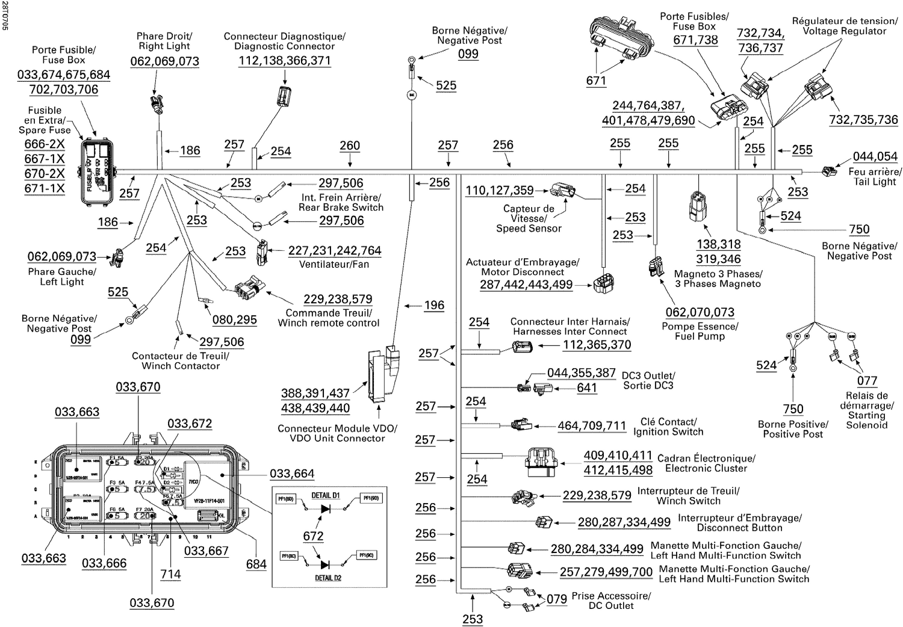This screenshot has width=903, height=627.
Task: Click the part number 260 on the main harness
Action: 350,146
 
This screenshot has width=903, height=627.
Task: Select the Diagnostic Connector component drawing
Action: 284,96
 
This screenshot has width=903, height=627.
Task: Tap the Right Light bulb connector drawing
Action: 158,104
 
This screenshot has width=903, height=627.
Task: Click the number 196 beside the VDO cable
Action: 434,305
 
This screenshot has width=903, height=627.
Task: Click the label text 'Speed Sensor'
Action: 529,229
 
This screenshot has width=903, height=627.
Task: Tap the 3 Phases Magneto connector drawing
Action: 698,206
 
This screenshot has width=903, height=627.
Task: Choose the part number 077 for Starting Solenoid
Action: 867,380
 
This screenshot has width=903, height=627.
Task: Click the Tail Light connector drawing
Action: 829,171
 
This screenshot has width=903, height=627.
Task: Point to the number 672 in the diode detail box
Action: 314,536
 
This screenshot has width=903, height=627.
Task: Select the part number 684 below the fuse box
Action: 256,564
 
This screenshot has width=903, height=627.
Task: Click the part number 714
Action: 170,574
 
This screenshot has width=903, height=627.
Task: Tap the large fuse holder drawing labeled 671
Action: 621,40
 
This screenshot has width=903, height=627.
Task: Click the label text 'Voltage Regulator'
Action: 844,31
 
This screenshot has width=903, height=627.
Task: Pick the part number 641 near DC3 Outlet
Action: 586,388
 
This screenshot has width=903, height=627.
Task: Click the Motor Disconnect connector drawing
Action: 604,283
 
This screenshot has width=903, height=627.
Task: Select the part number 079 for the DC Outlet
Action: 557,599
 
